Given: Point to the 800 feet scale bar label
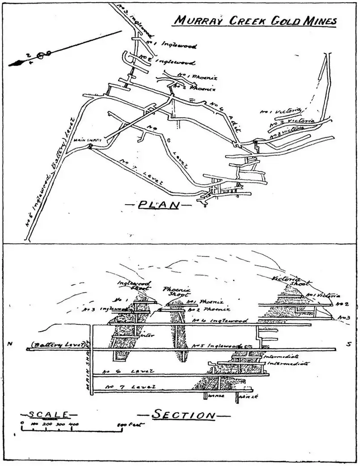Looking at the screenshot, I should pyautogui.click(x=127, y=423).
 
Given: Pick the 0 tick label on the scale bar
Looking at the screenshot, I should pyautogui.click(x=22, y=423).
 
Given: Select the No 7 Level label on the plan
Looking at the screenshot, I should pyautogui.click(x=140, y=171).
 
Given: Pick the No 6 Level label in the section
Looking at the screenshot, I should pyautogui.click(x=128, y=371).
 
